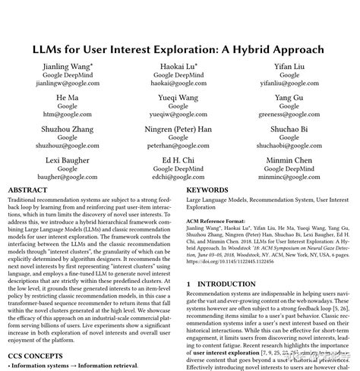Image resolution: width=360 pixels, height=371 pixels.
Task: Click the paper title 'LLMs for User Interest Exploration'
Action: pyautogui.click(x=180, y=49)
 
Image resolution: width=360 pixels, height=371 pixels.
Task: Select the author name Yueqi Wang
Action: pyautogui.click(x=180, y=98)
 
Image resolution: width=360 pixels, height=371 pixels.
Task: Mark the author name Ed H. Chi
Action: pyautogui.click(x=180, y=160)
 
